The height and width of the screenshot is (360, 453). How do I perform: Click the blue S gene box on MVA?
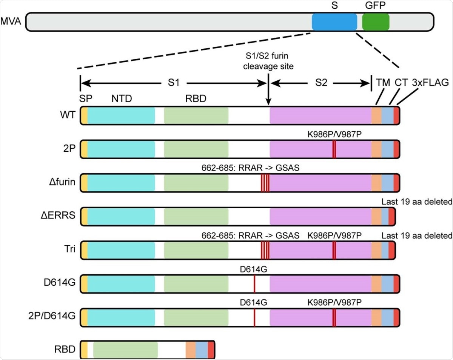pos(334,22)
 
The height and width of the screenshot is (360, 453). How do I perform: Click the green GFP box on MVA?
pos(376,22)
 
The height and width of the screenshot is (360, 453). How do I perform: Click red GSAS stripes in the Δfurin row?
pos(265,183)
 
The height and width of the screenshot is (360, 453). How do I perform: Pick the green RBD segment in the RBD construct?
pos(125,350)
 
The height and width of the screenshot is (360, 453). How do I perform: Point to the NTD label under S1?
pos(121,98)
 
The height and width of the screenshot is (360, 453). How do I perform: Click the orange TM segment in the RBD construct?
pos(190,350)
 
